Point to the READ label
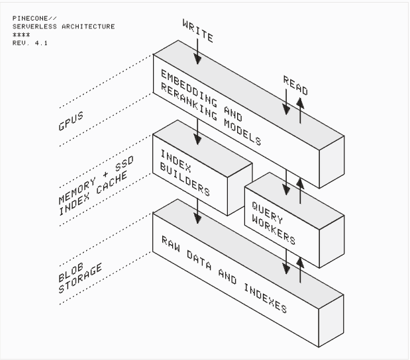(x=295, y=84)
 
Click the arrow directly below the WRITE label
(x=199, y=55)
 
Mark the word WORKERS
(x=273, y=228)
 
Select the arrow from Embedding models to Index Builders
(x=199, y=132)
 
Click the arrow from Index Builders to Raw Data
(x=199, y=212)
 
